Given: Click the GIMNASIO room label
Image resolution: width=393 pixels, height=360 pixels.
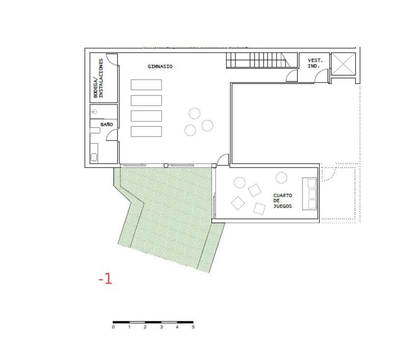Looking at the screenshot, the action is click(x=160, y=67).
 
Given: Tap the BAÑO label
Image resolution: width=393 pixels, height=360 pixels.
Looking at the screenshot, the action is click(x=107, y=124).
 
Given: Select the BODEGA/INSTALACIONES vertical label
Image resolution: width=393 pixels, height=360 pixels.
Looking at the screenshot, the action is click(x=98, y=78).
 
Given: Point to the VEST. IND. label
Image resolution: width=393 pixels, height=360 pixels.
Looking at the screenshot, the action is click(x=315, y=63).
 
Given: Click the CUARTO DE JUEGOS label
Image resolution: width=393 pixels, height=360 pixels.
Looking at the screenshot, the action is click(x=283, y=201).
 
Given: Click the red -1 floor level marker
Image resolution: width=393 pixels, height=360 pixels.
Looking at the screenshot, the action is click(x=106, y=278).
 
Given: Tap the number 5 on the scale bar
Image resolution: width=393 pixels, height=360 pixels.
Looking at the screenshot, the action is click(x=193, y=327).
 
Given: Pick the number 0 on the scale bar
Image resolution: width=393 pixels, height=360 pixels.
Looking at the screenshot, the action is click(x=113, y=327).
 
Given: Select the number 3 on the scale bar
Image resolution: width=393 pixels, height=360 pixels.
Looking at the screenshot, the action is click(x=162, y=327).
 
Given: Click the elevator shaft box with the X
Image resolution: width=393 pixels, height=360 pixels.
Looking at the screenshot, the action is click(x=343, y=64).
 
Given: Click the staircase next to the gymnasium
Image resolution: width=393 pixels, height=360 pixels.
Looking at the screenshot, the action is click(x=262, y=60).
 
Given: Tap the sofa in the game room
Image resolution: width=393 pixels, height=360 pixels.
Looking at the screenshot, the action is click(x=309, y=194).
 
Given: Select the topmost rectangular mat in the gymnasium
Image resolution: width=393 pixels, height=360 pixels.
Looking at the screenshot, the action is click(x=146, y=84).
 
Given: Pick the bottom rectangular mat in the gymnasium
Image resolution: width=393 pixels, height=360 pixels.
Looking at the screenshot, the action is click(x=146, y=132).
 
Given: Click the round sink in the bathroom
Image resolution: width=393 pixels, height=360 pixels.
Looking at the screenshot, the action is click(x=94, y=111).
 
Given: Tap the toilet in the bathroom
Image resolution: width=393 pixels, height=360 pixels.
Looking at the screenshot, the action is click(x=95, y=130).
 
